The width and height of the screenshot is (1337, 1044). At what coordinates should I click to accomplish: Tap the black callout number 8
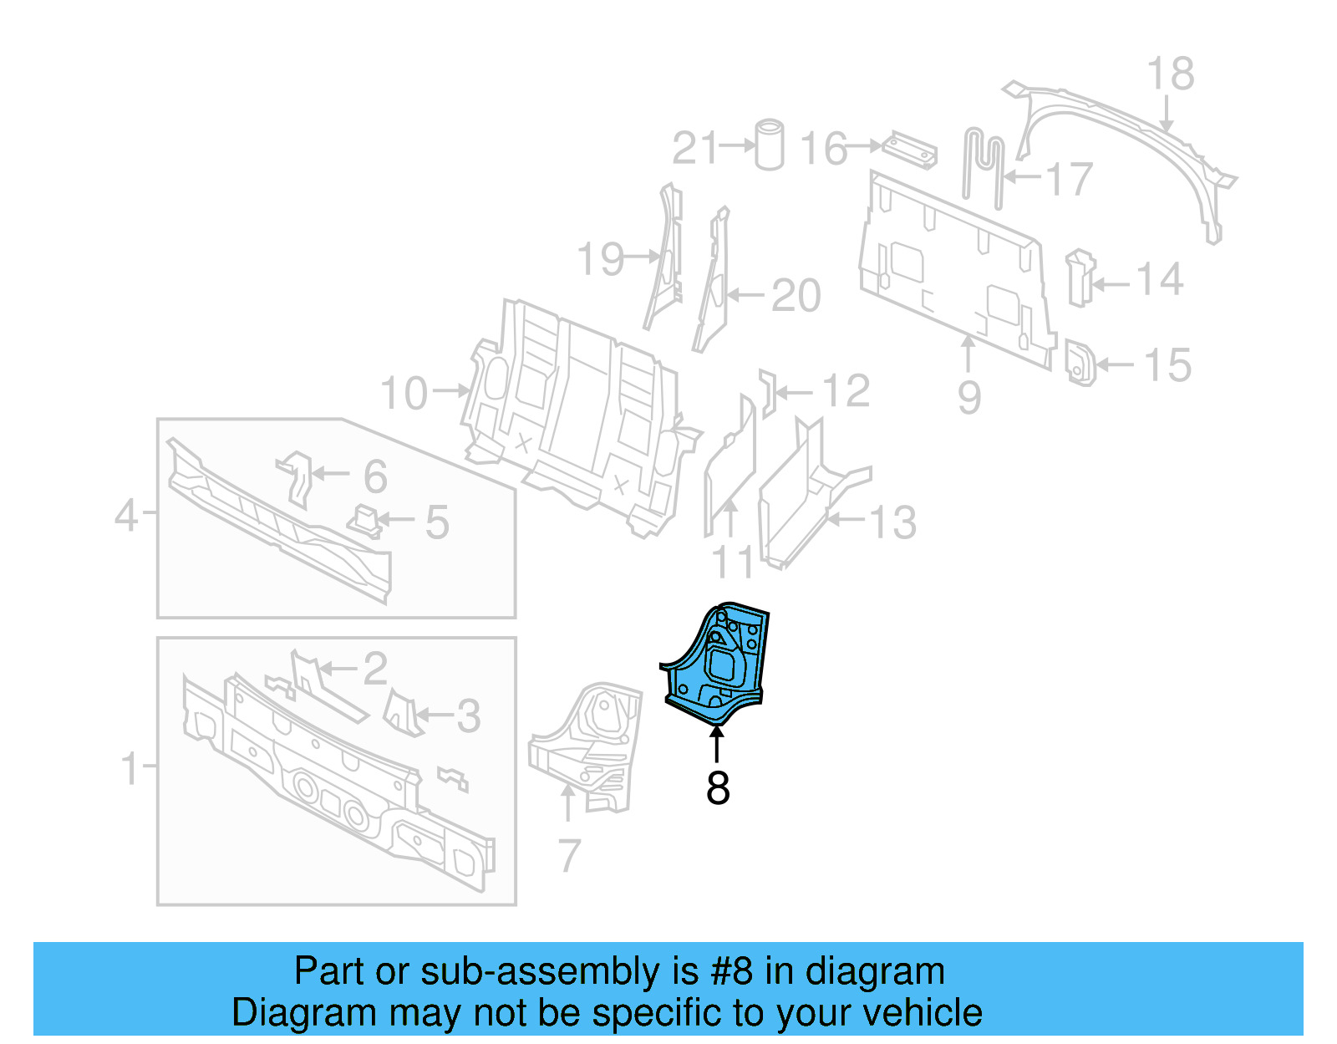(718, 788)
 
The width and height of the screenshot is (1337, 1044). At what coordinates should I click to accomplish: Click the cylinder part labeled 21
(770, 145)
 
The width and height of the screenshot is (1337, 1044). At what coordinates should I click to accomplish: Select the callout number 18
(1170, 74)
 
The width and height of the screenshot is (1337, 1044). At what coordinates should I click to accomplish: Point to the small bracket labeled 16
(911, 150)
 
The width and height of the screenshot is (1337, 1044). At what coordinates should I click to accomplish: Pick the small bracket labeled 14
(1079, 278)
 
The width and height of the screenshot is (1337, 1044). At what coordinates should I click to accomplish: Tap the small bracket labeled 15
(1080, 363)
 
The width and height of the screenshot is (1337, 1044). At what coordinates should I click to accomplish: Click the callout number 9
(969, 397)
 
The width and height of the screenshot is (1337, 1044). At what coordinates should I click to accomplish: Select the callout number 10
(404, 393)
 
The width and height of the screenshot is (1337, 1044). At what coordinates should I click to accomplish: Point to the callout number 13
(892, 523)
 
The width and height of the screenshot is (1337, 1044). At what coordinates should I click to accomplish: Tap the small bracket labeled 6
(293, 476)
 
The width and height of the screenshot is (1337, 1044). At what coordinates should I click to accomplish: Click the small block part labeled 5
(363, 521)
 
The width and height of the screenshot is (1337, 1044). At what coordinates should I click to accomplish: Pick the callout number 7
(569, 855)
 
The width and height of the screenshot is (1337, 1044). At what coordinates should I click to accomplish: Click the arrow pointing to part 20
(745, 295)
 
